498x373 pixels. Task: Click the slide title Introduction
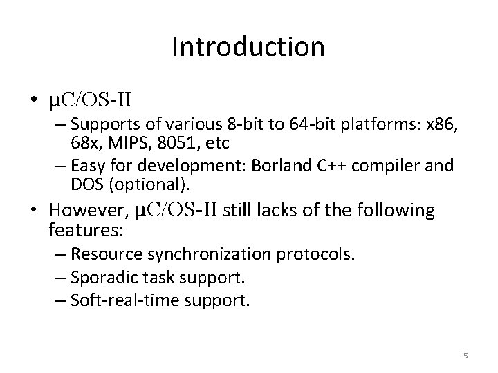point(248,47)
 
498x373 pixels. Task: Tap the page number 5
point(465,355)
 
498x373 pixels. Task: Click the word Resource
point(102,254)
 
